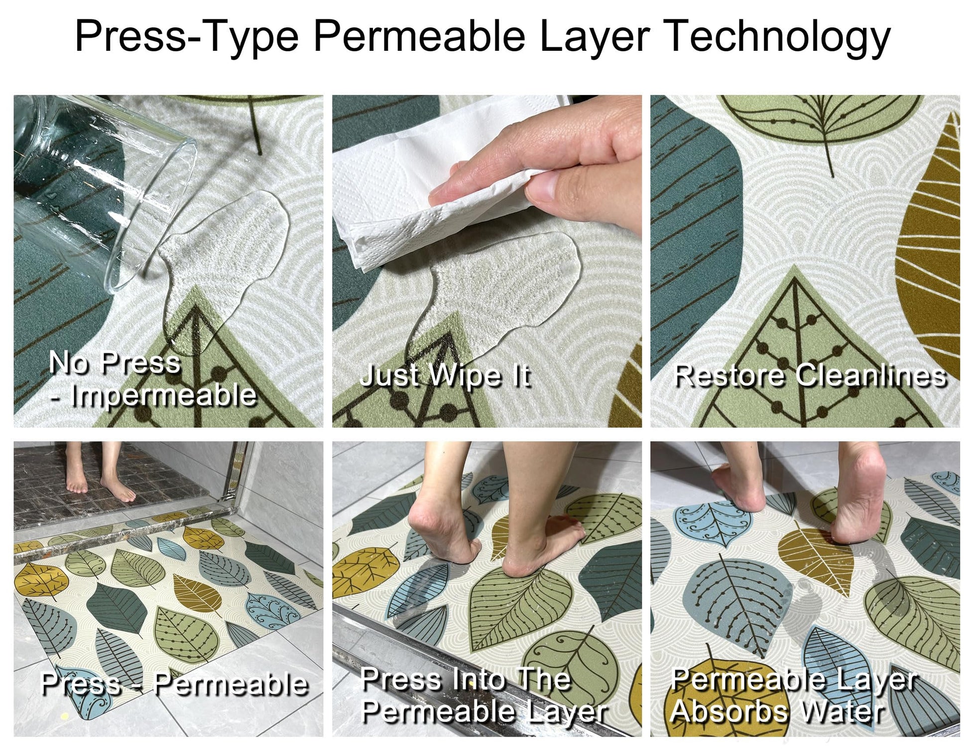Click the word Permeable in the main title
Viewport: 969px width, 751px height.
point(419,36)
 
